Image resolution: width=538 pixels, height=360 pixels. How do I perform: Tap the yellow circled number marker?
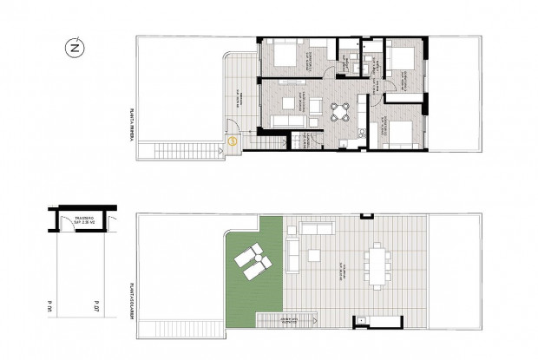[233, 141]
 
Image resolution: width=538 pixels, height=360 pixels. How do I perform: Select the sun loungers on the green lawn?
[252, 261]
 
